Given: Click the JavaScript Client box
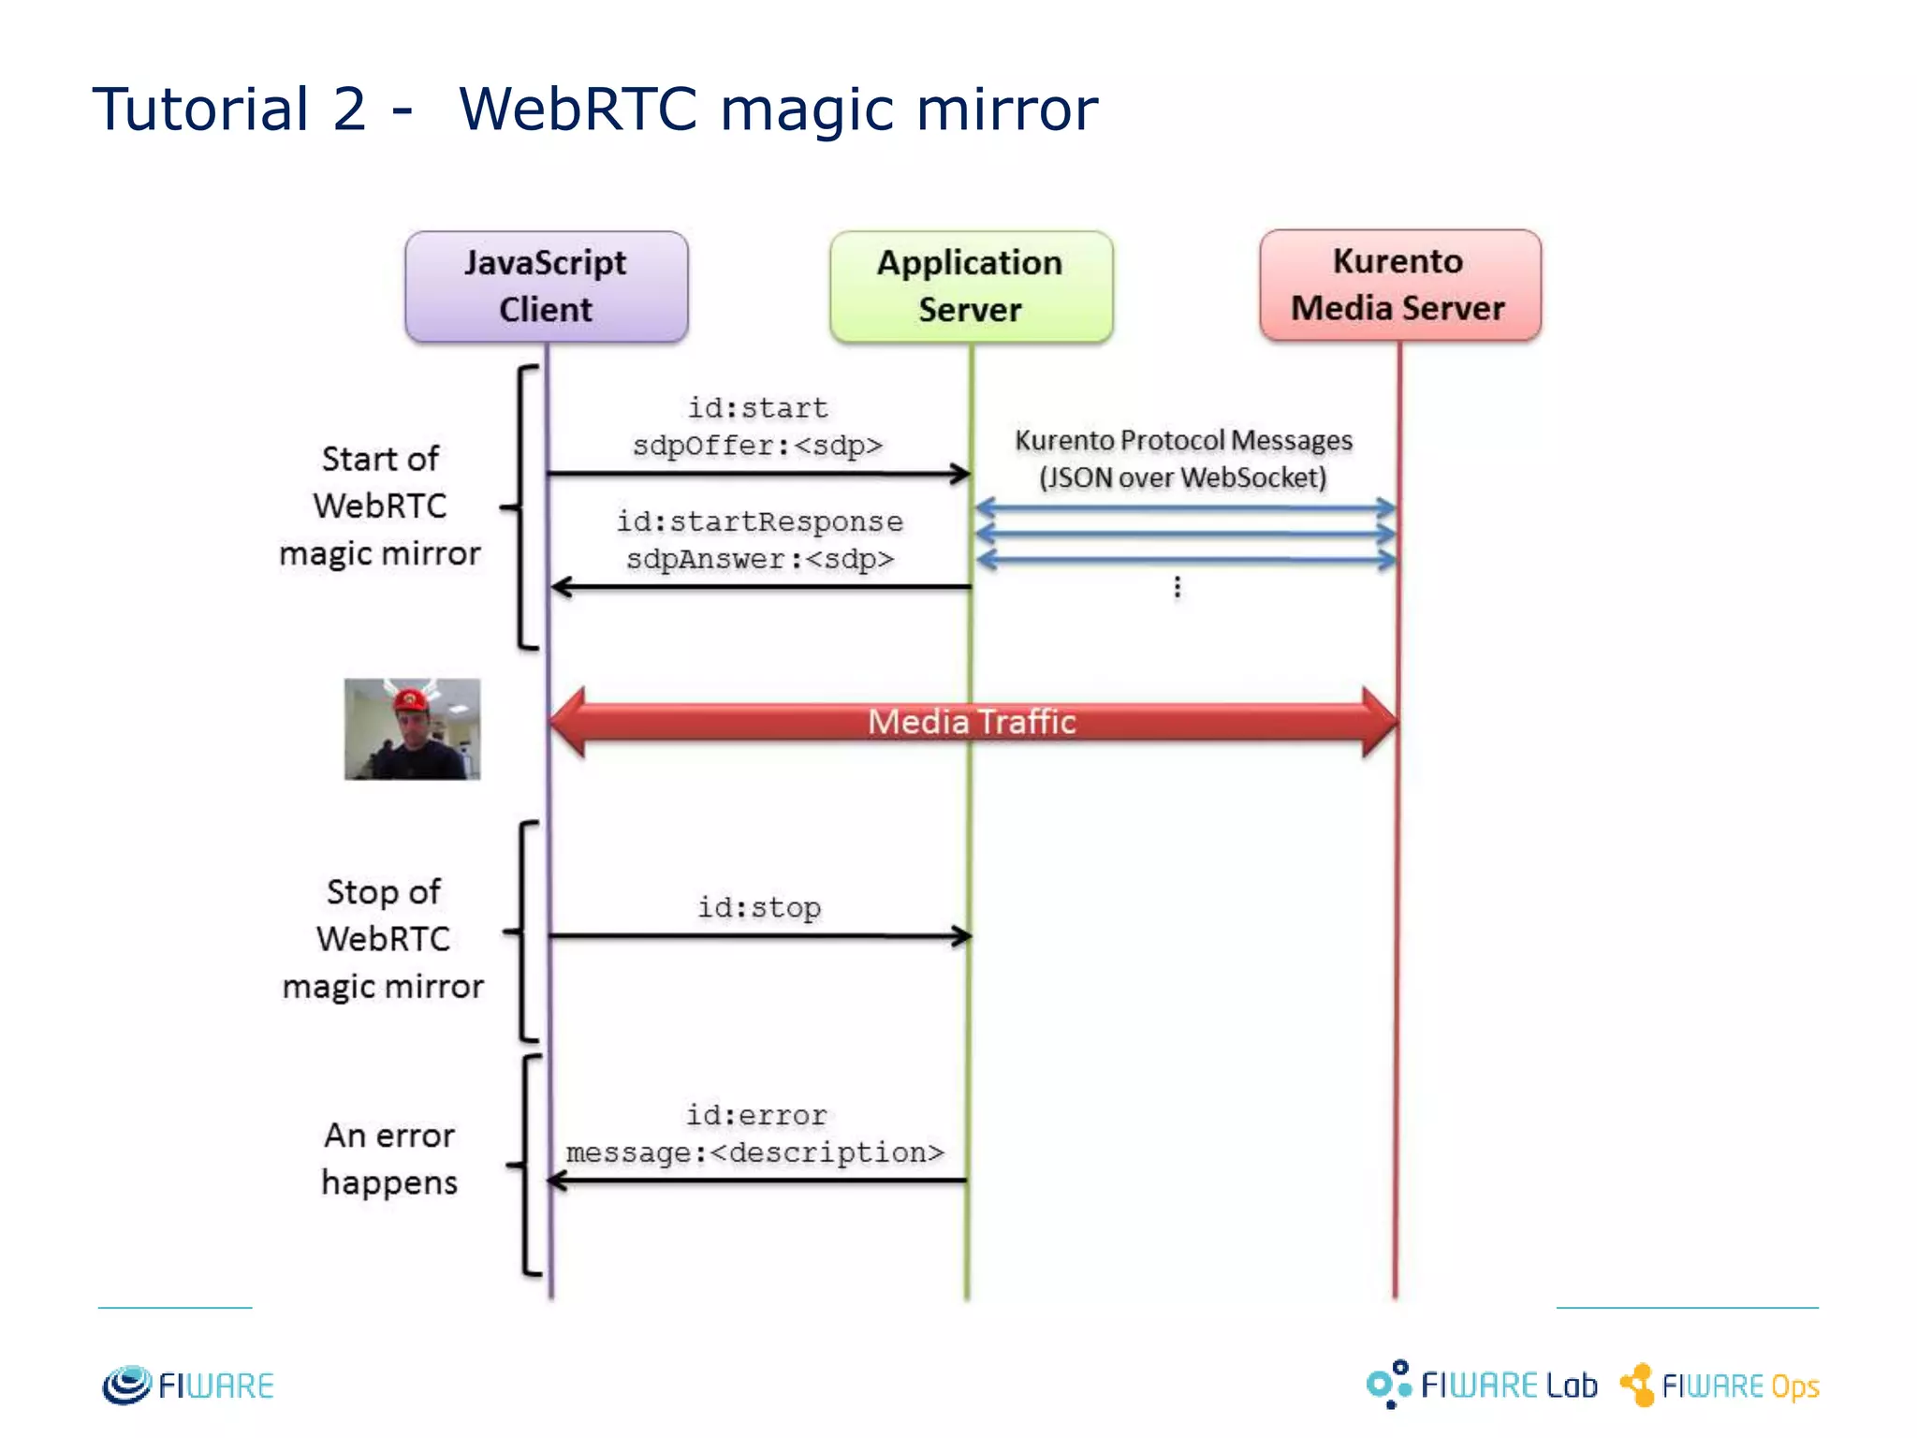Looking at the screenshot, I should (546, 286).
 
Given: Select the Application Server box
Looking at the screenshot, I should (971, 286).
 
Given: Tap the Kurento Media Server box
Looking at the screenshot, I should (1398, 285).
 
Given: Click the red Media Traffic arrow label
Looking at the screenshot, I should (972, 722).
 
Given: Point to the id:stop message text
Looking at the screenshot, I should (758, 907).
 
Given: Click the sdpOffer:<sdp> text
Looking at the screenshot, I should (757, 445).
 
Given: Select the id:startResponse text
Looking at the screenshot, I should (759, 521).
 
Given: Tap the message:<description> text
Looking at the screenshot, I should (754, 1152).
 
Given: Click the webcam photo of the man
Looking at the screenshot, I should (412, 729).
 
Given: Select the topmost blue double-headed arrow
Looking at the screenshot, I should (1184, 508).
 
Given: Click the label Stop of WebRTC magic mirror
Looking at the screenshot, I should (383, 939).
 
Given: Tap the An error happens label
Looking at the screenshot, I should (389, 1159).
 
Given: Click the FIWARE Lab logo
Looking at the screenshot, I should (1482, 1385).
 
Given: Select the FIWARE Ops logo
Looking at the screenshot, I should (1720, 1386).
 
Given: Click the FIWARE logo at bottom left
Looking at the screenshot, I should (187, 1386).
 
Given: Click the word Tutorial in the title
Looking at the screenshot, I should (200, 109).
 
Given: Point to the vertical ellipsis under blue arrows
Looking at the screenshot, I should (1177, 588).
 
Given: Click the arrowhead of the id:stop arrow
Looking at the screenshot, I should (962, 935).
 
